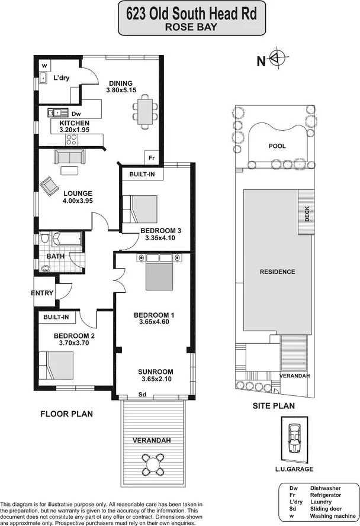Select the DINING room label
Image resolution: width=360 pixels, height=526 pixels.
click(120, 83)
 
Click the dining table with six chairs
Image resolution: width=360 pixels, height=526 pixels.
click(145, 108)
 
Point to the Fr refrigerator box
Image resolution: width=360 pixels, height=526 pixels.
click(152, 158)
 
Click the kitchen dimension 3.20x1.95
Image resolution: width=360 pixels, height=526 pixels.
click(74, 129)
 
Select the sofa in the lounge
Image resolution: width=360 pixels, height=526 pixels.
click(70, 156)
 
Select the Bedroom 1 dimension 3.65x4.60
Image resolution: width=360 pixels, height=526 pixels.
click(153, 322)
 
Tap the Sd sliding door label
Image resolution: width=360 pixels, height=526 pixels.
click(142, 394)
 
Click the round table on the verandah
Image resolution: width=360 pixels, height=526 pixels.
click(155, 460)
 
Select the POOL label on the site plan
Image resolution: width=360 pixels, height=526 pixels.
click(277, 146)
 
